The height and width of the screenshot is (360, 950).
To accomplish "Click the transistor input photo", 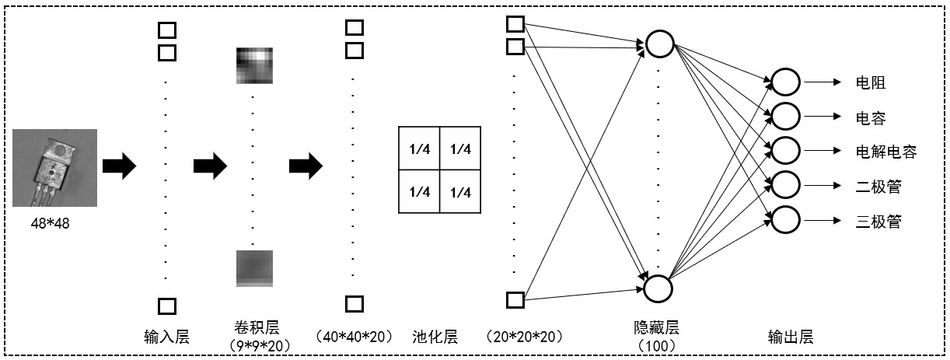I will (x=54, y=168).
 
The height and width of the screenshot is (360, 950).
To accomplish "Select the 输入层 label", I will (x=166, y=337).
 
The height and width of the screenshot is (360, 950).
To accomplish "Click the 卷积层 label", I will (x=253, y=325).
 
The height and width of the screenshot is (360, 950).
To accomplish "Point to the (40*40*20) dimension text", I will (x=354, y=337).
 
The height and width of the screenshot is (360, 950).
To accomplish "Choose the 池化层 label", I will (x=435, y=337).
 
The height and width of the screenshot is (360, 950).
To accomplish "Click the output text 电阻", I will (x=870, y=82).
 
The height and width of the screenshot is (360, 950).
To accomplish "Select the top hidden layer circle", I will (x=659, y=44).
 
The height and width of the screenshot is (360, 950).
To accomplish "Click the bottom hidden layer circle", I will (x=659, y=288).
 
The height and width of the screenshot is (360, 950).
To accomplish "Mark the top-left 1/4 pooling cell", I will (x=419, y=149).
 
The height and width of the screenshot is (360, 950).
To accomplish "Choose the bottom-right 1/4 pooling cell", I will (x=461, y=192).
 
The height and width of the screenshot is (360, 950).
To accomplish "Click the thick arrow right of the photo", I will (x=119, y=166).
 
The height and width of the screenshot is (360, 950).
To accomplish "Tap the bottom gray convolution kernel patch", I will (x=254, y=268).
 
